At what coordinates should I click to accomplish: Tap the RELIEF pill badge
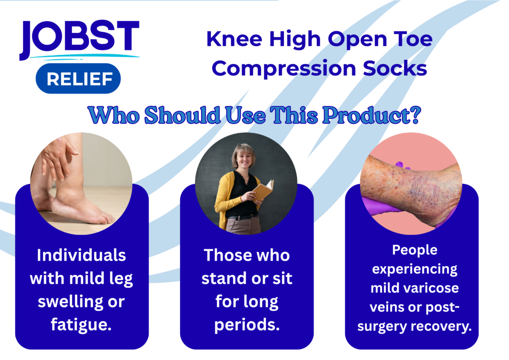[78, 79]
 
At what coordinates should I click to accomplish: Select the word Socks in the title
[395, 68]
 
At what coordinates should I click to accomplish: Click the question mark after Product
[415, 115]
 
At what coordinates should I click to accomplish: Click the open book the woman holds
[263, 190]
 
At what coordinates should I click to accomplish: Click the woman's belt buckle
[252, 216]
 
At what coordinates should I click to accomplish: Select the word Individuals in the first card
[81, 255]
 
